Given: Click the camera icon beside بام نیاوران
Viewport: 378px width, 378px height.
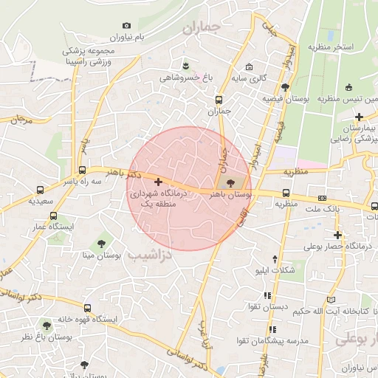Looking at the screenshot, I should pos(127,26).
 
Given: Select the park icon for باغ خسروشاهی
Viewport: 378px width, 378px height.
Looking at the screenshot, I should pos(185,64).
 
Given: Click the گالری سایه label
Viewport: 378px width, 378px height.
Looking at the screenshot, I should pos(248,77).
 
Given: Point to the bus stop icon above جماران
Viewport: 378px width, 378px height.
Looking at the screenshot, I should pos(219,100).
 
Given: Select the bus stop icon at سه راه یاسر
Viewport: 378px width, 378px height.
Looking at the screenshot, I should pos(82,169).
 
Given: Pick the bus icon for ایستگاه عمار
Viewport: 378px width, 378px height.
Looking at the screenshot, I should pos(53,216).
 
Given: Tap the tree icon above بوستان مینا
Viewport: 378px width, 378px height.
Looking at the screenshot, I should pos(101,243).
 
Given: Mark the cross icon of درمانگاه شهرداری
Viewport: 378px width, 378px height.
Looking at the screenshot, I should pos(158,181).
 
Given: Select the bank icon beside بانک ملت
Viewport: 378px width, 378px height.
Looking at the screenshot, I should pos(322,198).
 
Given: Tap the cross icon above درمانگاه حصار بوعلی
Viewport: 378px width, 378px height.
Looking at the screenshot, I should pos(337,235).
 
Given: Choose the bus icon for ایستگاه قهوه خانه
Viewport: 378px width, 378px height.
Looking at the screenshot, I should pos(88,308).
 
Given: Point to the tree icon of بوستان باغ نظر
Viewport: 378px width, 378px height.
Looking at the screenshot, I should pos(47,325).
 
